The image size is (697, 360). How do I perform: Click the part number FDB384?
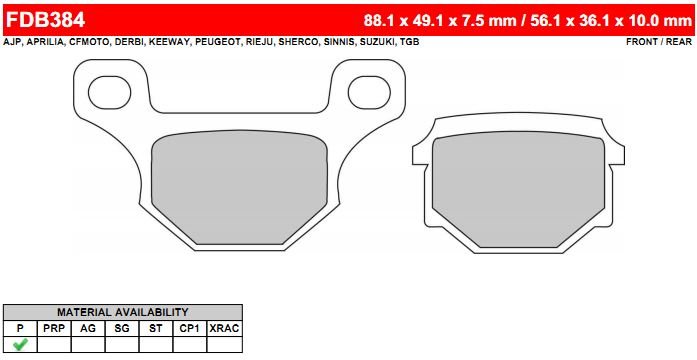coord(45,20)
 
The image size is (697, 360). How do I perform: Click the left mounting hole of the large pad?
coord(109,92)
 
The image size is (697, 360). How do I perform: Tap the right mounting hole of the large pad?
coord(369,92)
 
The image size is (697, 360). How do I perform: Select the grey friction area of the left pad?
coord(239,187)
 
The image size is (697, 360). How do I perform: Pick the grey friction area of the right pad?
coord(518,190)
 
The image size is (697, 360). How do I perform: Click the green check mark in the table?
coord(20,344)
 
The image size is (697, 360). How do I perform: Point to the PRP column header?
coord(54,328)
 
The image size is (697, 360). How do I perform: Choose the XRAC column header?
coord(224,328)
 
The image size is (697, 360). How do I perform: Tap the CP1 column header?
coord(190,328)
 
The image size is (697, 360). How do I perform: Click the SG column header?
coord(122,328)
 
